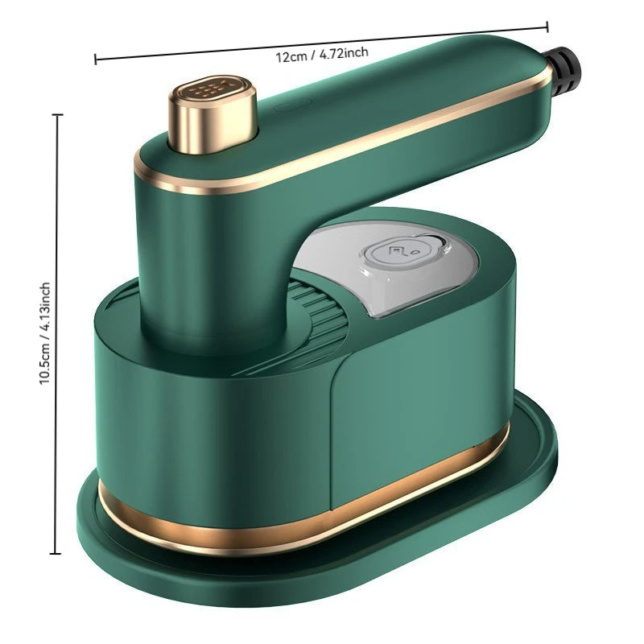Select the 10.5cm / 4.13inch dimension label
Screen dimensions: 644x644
click(46, 333)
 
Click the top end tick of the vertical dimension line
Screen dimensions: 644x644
click(57, 115)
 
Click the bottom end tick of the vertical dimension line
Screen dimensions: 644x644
click(57, 554)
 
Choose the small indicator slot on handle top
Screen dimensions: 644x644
click(288, 105)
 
